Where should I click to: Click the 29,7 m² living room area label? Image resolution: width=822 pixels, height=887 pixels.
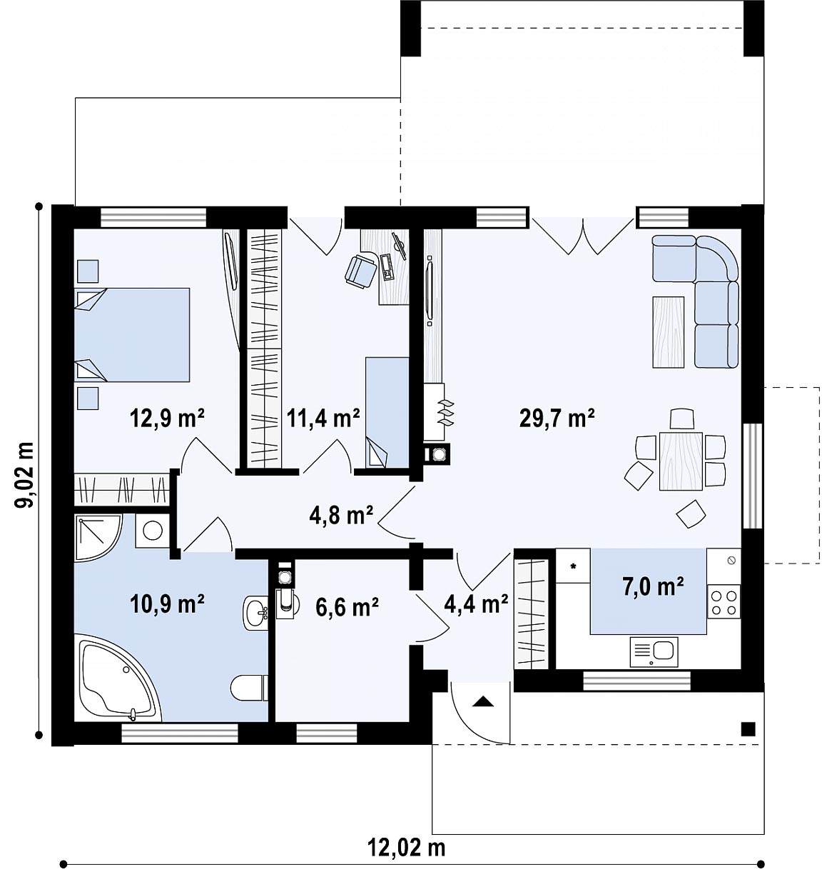click(x=557, y=419)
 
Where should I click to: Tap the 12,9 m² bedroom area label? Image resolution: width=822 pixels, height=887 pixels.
click(x=168, y=419)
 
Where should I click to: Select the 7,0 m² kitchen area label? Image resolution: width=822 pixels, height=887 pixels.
click(x=654, y=586)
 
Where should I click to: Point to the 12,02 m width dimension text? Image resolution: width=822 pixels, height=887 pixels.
click(x=407, y=847)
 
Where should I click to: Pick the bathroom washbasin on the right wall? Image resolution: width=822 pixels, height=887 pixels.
click(x=255, y=613)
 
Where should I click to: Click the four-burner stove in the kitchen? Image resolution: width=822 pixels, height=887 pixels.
click(x=724, y=602)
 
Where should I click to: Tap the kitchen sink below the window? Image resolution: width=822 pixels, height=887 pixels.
click(x=654, y=651)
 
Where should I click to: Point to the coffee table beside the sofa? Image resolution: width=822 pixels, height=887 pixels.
click(x=668, y=332)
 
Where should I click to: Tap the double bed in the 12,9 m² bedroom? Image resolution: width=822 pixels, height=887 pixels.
click(x=132, y=334)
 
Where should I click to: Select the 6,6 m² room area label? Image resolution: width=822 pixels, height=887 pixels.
click(x=347, y=608)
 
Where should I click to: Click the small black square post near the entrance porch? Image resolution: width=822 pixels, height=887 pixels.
click(x=748, y=729)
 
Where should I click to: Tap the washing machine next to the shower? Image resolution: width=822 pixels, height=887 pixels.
click(x=152, y=530)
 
